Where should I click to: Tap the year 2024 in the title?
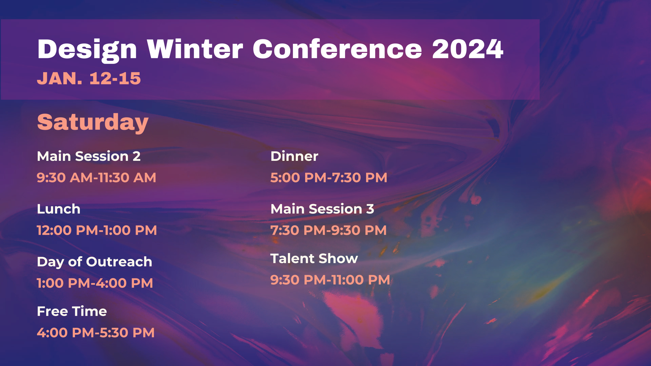(x=468, y=49)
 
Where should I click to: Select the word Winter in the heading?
(x=195, y=49)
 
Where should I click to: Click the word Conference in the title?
(x=337, y=49)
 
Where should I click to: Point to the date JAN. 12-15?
(x=89, y=79)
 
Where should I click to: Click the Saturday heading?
(x=93, y=123)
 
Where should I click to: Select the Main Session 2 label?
(x=89, y=156)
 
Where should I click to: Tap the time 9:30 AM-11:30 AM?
(x=96, y=178)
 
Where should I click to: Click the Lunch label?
(x=59, y=209)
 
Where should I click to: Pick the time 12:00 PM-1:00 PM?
(x=97, y=230)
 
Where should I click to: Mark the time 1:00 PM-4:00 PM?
(x=95, y=283)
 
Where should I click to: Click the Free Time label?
(x=72, y=311)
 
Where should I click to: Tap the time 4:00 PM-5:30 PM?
(x=96, y=333)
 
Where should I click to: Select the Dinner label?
(x=294, y=156)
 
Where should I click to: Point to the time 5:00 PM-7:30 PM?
(x=329, y=178)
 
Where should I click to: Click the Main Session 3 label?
(x=322, y=209)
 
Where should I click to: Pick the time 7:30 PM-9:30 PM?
(x=328, y=230)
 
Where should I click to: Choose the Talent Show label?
(x=314, y=259)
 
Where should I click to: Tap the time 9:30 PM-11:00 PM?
(x=330, y=280)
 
